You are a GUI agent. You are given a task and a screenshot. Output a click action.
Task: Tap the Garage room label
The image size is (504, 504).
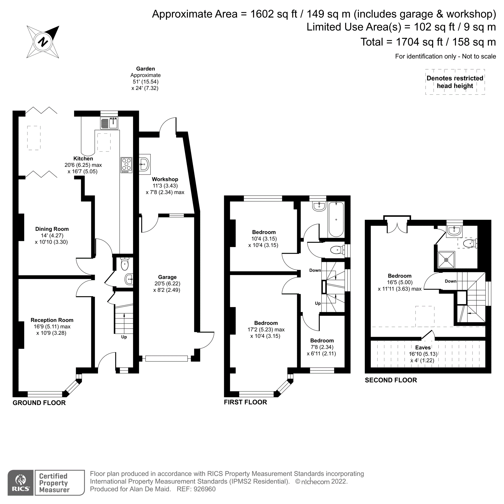[167, 277]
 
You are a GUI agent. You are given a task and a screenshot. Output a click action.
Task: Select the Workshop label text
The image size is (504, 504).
[165, 179]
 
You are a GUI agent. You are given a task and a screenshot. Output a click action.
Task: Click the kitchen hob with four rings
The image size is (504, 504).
[126, 165]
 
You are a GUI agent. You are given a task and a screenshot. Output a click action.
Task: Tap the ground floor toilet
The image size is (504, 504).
[125, 264]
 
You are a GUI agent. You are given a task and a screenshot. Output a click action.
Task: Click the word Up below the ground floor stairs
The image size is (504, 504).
[124, 337]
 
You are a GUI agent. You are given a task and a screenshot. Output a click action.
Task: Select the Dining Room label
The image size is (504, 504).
[52, 229]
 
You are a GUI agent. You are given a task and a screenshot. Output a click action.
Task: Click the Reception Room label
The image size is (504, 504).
[52, 320]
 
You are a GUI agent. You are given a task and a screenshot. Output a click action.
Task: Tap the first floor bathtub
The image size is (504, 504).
[336, 219]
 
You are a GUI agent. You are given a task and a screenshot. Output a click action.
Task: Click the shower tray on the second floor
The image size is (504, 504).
[446, 260]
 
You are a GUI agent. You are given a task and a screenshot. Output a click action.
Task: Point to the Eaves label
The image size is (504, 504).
[423, 348]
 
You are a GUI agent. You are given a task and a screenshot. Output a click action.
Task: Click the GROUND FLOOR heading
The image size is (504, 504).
[39, 403]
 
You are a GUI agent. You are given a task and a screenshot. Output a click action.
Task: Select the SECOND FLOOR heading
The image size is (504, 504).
[391, 380]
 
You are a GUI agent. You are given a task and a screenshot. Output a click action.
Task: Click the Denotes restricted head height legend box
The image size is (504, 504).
[455, 82]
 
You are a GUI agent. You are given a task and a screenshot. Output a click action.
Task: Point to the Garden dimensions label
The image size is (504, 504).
[145, 78]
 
